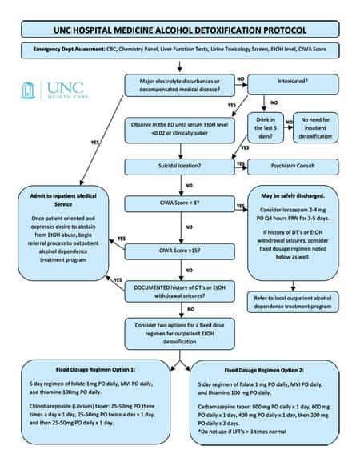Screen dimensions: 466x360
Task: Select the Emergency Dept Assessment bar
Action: click(x=179, y=51)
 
